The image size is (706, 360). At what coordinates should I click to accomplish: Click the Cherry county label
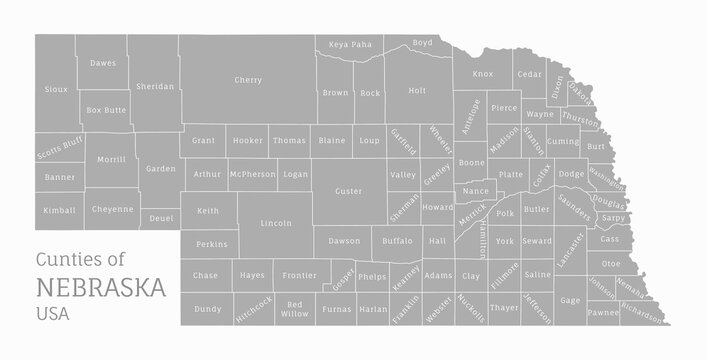(248, 79)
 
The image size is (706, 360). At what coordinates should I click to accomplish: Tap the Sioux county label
(57, 89)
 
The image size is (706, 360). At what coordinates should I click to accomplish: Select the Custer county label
(348, 190)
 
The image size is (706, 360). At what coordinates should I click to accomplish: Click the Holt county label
(417, 91)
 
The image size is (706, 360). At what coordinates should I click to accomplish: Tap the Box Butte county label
(106, 109)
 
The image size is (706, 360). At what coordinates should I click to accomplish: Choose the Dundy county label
(208, 309)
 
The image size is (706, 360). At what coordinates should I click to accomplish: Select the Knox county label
(483, 74)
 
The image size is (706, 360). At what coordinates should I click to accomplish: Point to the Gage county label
(570, 300)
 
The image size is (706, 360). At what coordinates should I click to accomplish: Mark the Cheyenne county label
(113, 209)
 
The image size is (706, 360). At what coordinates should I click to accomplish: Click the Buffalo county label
(397, 241)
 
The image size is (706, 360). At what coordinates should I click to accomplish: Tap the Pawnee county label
(603, 313)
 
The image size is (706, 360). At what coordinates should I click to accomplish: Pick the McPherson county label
(252, 174)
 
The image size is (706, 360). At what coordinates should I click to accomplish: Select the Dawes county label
(103, 63)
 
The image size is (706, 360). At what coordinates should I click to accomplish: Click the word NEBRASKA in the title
(101, 288)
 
